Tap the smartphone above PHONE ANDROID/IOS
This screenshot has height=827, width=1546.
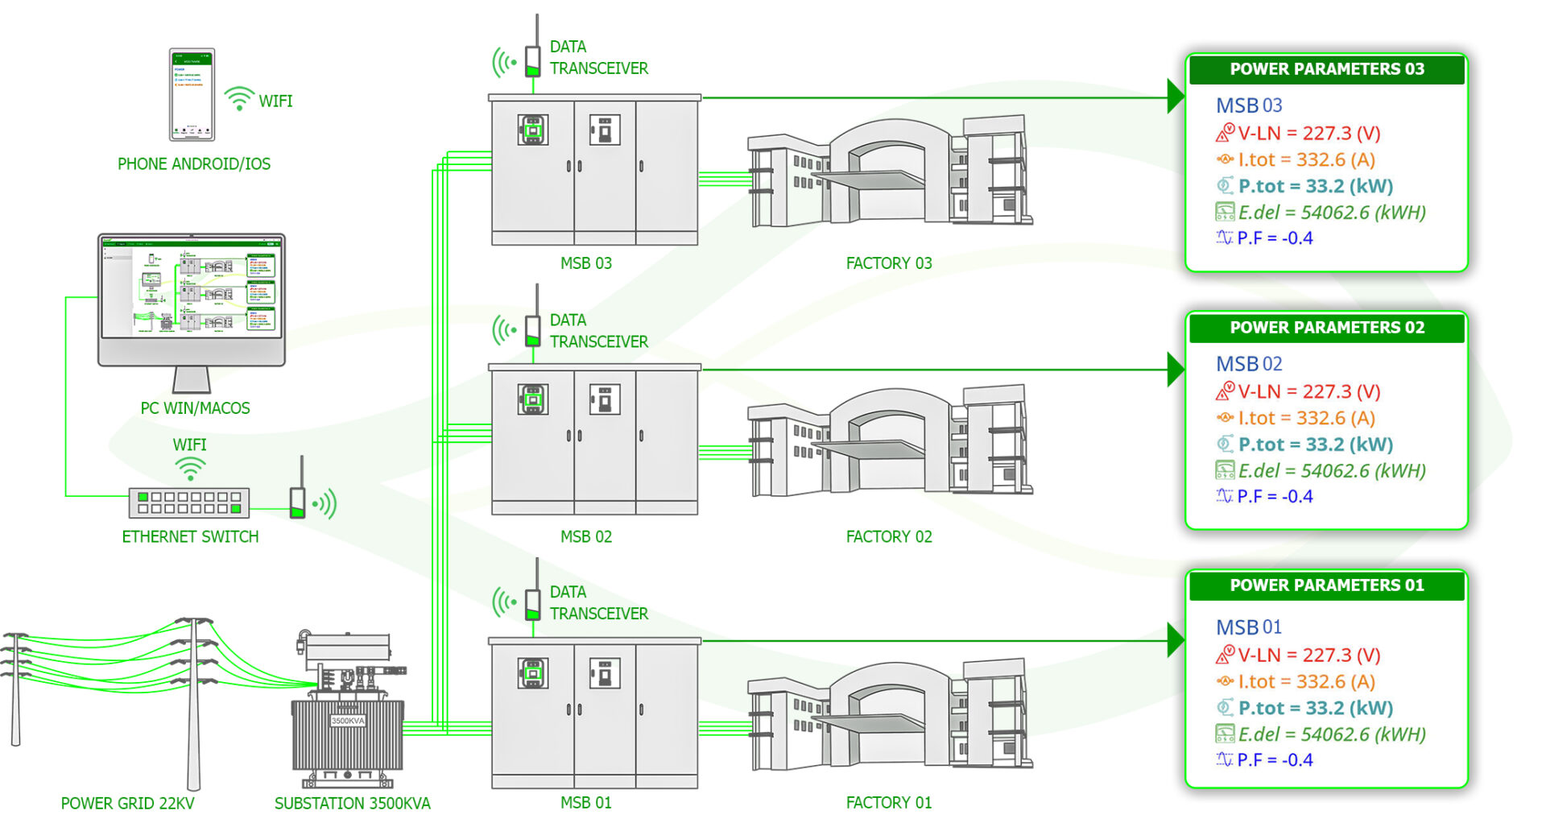point(192,94)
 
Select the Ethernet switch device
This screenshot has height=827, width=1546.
point(189,502)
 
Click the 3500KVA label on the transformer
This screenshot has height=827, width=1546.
point(348,721)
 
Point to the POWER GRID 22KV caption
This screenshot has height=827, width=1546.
point(127,804)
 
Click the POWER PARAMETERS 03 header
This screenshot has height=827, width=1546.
point(1326,69)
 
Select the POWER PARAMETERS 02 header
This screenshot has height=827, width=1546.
point(1326,328)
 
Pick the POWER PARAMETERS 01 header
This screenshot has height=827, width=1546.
point(1326,585)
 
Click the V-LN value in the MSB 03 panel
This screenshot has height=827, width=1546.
point(1308,133)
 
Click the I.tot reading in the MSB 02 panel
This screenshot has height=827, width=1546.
point(1306,418)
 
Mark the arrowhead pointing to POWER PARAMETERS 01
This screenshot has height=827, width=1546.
point(1176,641)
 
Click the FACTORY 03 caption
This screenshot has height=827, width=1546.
point(888,263)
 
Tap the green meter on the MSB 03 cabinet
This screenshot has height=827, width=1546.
point(532,130)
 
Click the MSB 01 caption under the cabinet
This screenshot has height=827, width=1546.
point(585,803)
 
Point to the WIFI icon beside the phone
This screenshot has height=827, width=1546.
point(239,99)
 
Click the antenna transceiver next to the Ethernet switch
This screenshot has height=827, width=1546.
point(298,499)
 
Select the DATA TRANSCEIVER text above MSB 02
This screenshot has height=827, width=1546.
point(598,331)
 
